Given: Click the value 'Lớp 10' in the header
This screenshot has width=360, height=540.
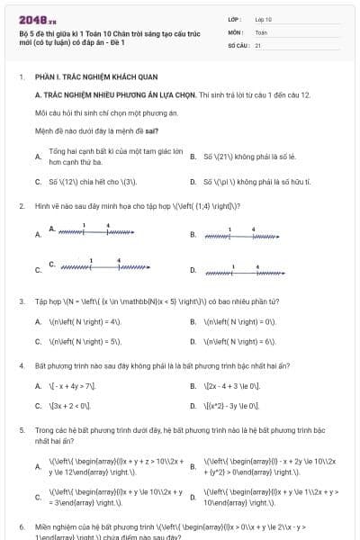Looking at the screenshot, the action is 263,18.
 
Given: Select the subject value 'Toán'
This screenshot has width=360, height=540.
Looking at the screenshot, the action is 261,31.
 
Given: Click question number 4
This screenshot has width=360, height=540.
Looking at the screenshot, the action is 21,367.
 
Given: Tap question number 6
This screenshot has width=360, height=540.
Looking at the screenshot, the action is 21,525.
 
